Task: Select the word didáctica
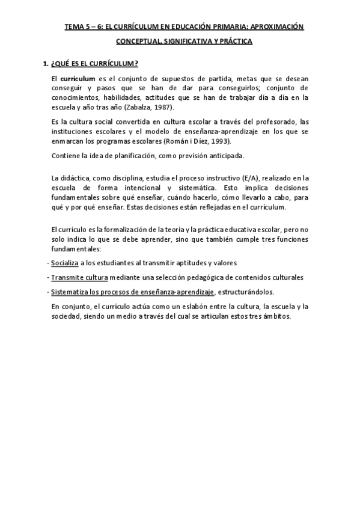point(75,178)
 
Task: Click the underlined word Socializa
point(65,263)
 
